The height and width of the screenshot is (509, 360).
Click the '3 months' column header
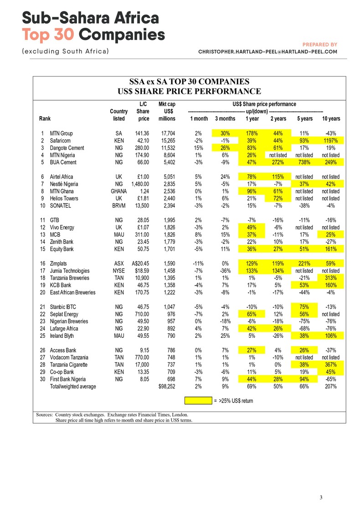click(x=225, y=119)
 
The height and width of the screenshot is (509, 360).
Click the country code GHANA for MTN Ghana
click(x=118, y=191)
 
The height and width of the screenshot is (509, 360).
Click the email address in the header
click(x=267, y=52)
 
